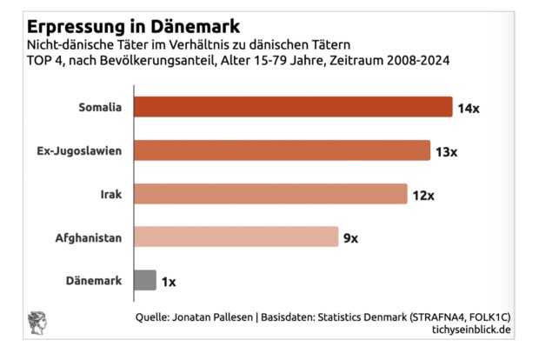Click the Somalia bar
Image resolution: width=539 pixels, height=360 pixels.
pyautogui.click(x=293, y=107)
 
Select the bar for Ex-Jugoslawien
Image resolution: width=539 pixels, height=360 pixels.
pyautogui.click(x=283, y=150)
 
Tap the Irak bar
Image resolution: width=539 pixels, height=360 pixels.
pyautogui.click(x=270, y=194)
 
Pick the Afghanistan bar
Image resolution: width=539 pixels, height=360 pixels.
pyautogui.click(x=236, y=237)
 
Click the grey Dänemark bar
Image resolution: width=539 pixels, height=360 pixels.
pyautogui.click(x=145, y=280)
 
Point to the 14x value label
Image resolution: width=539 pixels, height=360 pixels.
pyautogui.click(x=469, y=109)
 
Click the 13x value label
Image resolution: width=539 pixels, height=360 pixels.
pyautogui.click(x=446, y=152)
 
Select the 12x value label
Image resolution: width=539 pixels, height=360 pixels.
pyautogui.click(x=423, y=196)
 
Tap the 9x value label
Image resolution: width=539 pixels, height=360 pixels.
pyautogui.click(x=350, y=238)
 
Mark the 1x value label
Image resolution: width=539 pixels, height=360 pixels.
pyautogui.click(x=169, y=282)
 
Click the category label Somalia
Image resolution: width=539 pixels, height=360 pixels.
pyautogui.click(x=100, y=107)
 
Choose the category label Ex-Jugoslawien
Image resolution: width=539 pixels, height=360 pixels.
pyautogui.click(x=79, y=151)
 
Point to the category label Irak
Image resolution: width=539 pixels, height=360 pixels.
pyautogui.click(x=111, y=194)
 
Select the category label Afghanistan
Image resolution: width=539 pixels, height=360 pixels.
pyautogui.click(x=89, y=238)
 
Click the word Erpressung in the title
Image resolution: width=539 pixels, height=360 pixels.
pyautogui.click(x=77, y=27)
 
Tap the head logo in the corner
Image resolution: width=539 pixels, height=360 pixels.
pyautogui.click(x=37, y=323)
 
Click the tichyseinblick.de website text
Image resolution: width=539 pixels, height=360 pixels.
pyautogui.click(x=471, y=330)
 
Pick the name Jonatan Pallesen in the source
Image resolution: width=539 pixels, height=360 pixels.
pyautogui.click(x=212, y=317)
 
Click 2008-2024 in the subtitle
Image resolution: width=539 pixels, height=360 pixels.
pyautogui.click(x=418, y=60)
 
